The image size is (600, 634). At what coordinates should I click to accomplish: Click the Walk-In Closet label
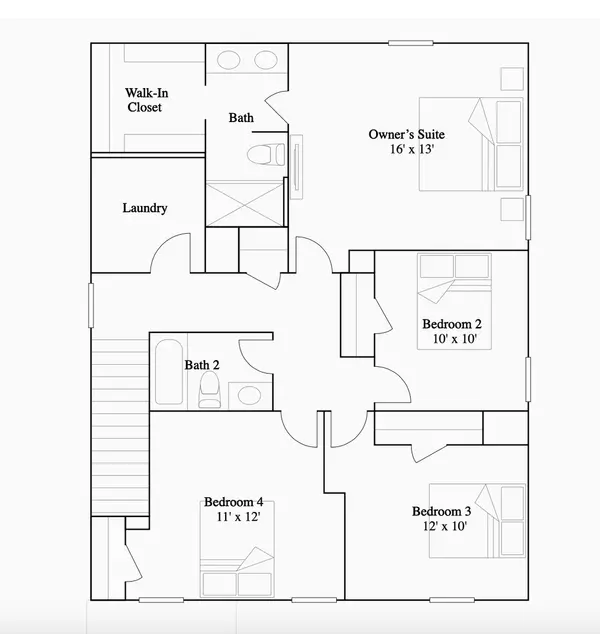click(x=146, y=100)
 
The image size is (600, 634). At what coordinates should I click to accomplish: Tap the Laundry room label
click(x=145, y=208)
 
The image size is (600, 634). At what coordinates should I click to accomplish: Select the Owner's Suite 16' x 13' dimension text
click(x=412, y=149)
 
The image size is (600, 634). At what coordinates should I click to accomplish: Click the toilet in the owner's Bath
click(x=266, y=154)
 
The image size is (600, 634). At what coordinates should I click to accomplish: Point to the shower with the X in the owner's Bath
click(x=245, y=204)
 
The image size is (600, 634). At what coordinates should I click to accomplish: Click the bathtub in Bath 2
click(x=169, y=372)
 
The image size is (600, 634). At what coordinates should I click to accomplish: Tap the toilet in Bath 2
click(x=209, y=389)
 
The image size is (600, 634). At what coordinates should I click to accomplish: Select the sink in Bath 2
click(x=249, y=395)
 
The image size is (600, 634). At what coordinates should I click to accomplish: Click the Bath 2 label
click(x=202, y=365)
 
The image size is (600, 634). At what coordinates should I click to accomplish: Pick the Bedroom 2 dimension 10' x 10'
click(x=454, y=338)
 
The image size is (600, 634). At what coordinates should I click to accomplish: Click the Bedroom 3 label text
click(x=442, y=511)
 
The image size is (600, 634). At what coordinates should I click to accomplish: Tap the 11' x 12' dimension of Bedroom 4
click(x=238, y=517)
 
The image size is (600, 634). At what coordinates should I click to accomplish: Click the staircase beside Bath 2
click(x=120, y=428)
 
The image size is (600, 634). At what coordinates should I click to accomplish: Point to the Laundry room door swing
click(x=170, y=252)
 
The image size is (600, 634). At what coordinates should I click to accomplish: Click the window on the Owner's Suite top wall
click(x=411, y=43)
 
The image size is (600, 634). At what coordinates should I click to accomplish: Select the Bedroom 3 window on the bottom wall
click(x=452, y=600)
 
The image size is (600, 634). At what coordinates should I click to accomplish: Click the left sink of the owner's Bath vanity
click(x=228, y=60)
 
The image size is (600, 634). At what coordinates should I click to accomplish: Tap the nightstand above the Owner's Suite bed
click(x=512, y=79)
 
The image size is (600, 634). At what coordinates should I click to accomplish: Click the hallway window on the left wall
click(x=91, y=305)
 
